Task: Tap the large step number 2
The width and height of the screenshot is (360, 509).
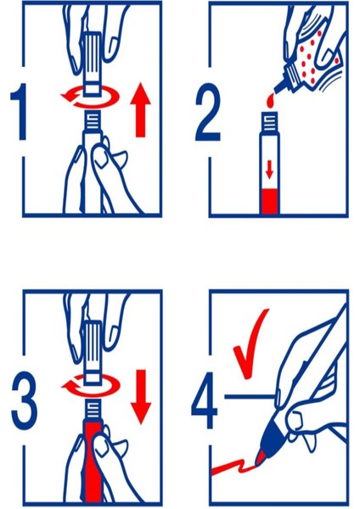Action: (x=208, y=112)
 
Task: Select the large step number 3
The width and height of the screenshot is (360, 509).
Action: (x=24, y=401)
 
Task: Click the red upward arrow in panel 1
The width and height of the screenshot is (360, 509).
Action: (x=140, y=109)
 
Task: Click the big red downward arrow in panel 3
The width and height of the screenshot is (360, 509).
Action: (x=141, y=397)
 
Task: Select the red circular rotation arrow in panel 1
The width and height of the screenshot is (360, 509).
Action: (x=90, y=97)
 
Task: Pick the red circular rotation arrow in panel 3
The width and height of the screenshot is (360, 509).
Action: (x=91, y=385)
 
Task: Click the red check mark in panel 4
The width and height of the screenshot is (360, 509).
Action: (x=250, y=344)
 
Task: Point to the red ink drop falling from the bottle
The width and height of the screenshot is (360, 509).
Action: (x=270, y=100)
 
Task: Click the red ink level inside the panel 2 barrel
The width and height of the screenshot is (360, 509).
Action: (x=269, y=202)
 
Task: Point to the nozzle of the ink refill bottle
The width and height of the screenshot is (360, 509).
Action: (x=280, y=86)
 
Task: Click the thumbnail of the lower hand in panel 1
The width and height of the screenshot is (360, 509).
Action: (x=100, y=158)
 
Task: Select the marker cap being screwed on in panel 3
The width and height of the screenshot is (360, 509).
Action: (x=93, y=352)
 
